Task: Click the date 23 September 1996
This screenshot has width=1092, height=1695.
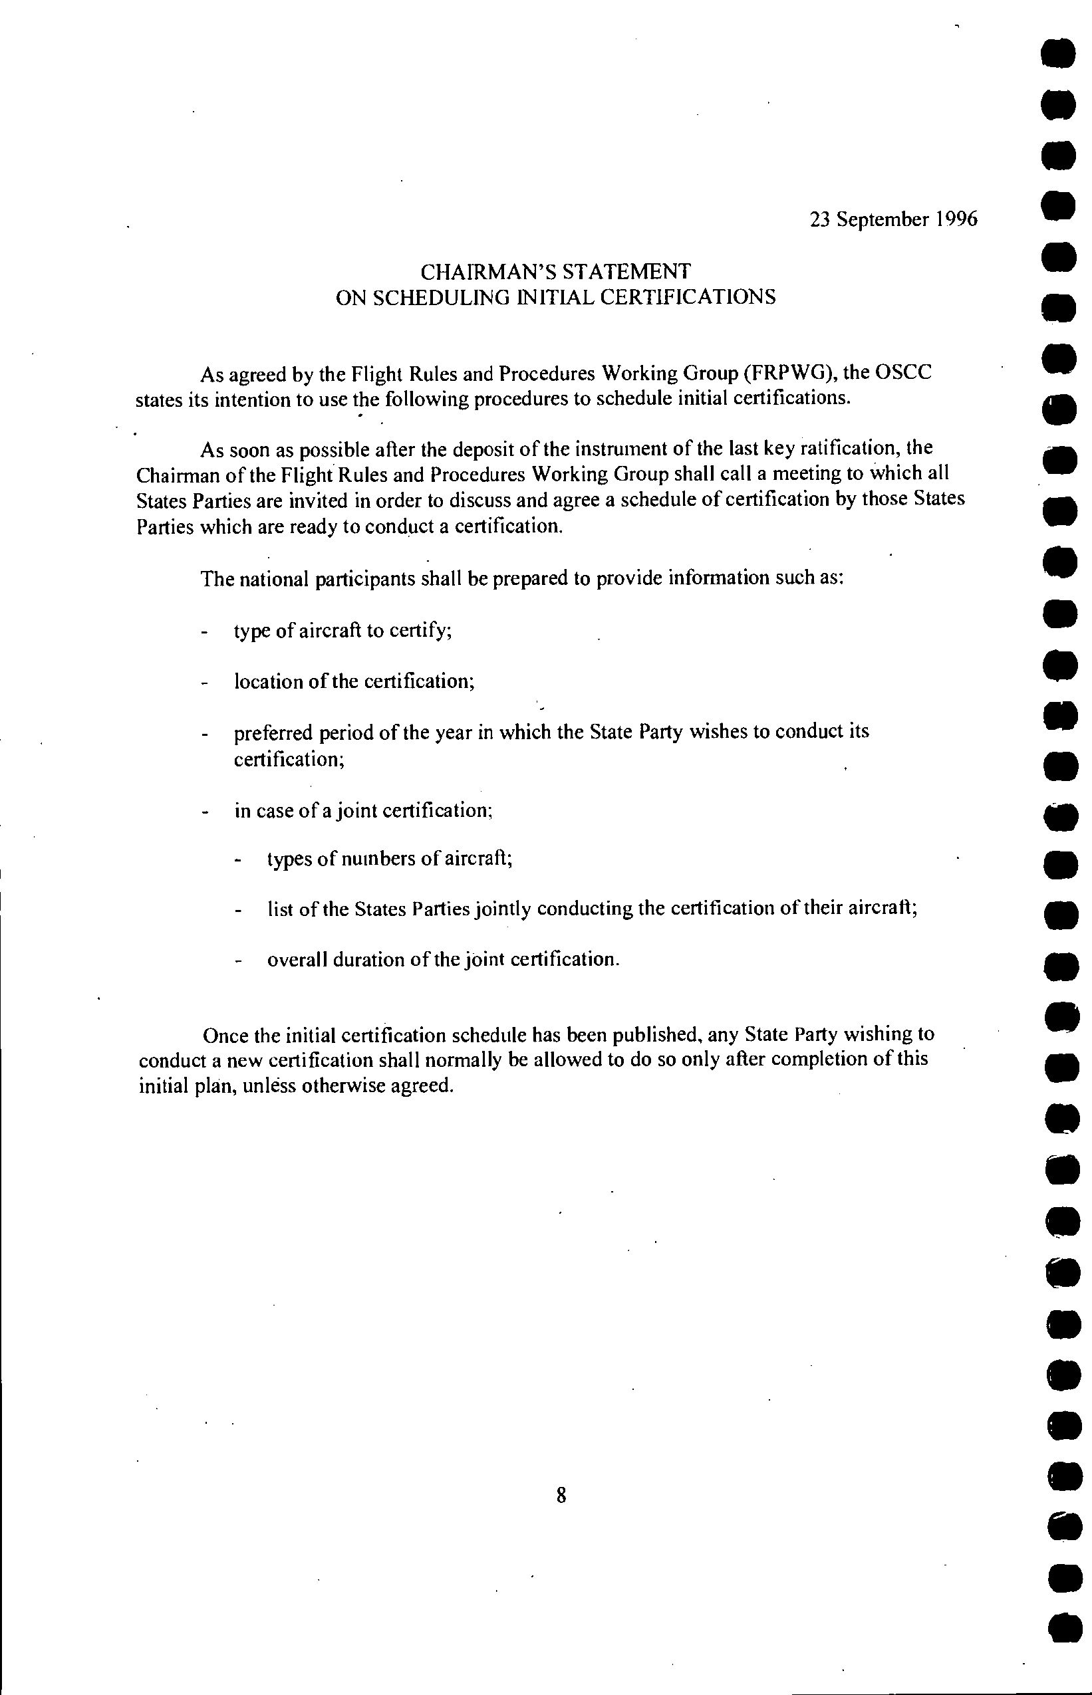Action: click(x=893, y=219)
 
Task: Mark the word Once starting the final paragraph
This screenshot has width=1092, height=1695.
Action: click(x=225, y=1036)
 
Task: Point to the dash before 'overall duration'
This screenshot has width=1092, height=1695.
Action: click(x=237, y=962)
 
